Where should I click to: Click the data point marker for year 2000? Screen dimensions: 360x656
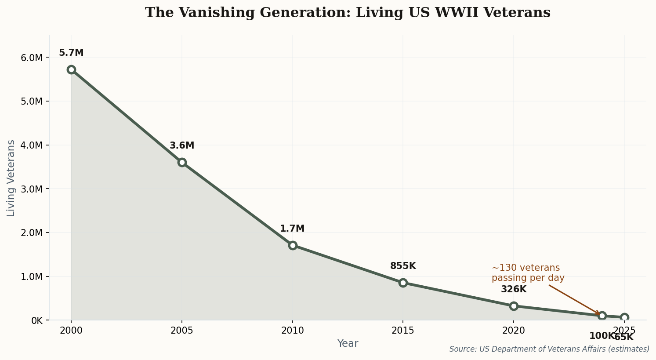pyautogui.click(x=71, y=69)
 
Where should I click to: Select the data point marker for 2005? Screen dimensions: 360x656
pyautogui.click(x=182, y=162)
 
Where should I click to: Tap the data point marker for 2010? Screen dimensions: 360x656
pyautogui.click(x=293, y=245)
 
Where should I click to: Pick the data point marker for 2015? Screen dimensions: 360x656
pyautogui.click(x=403, y=283)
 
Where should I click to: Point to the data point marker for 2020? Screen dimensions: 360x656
pyautogui.click(x=514, y=306)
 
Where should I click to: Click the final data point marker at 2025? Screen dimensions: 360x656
pyautogui.click(x=624, y=317)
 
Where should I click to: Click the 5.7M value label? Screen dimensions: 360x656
pyautogui.click(x=71, y=53)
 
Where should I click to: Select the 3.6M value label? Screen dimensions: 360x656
pyautogui.click(x=182, y=146)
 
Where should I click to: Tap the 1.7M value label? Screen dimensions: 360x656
pyautogui.click(x=292, y=229)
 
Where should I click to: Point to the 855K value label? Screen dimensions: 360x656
pyautogui.click(x=403, y=266)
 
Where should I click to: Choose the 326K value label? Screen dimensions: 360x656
pyautogui.click(x=514, y=290)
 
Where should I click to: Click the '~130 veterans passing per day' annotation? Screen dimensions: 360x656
pyautogui.click(x=528, y=273)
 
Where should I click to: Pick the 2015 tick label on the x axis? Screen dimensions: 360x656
pyautogui.click(x=403, y=331)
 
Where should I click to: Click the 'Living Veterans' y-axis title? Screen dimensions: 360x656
pyautogui.click(x=11, y=178)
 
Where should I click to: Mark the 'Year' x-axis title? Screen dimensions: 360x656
pyautogui.click(x=348, y=344)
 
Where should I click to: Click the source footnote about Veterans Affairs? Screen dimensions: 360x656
pyautogui.click(x=549, y=349)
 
